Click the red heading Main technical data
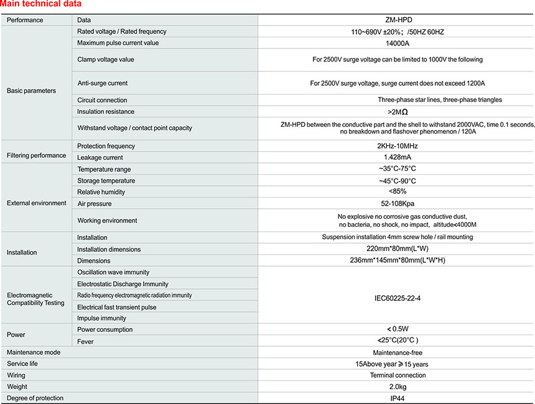(x=40, y=4)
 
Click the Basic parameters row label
(x=31, y=91)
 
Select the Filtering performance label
(x=36, y=155)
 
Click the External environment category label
(x=36, y=203)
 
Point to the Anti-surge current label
(x=102, y=83)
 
